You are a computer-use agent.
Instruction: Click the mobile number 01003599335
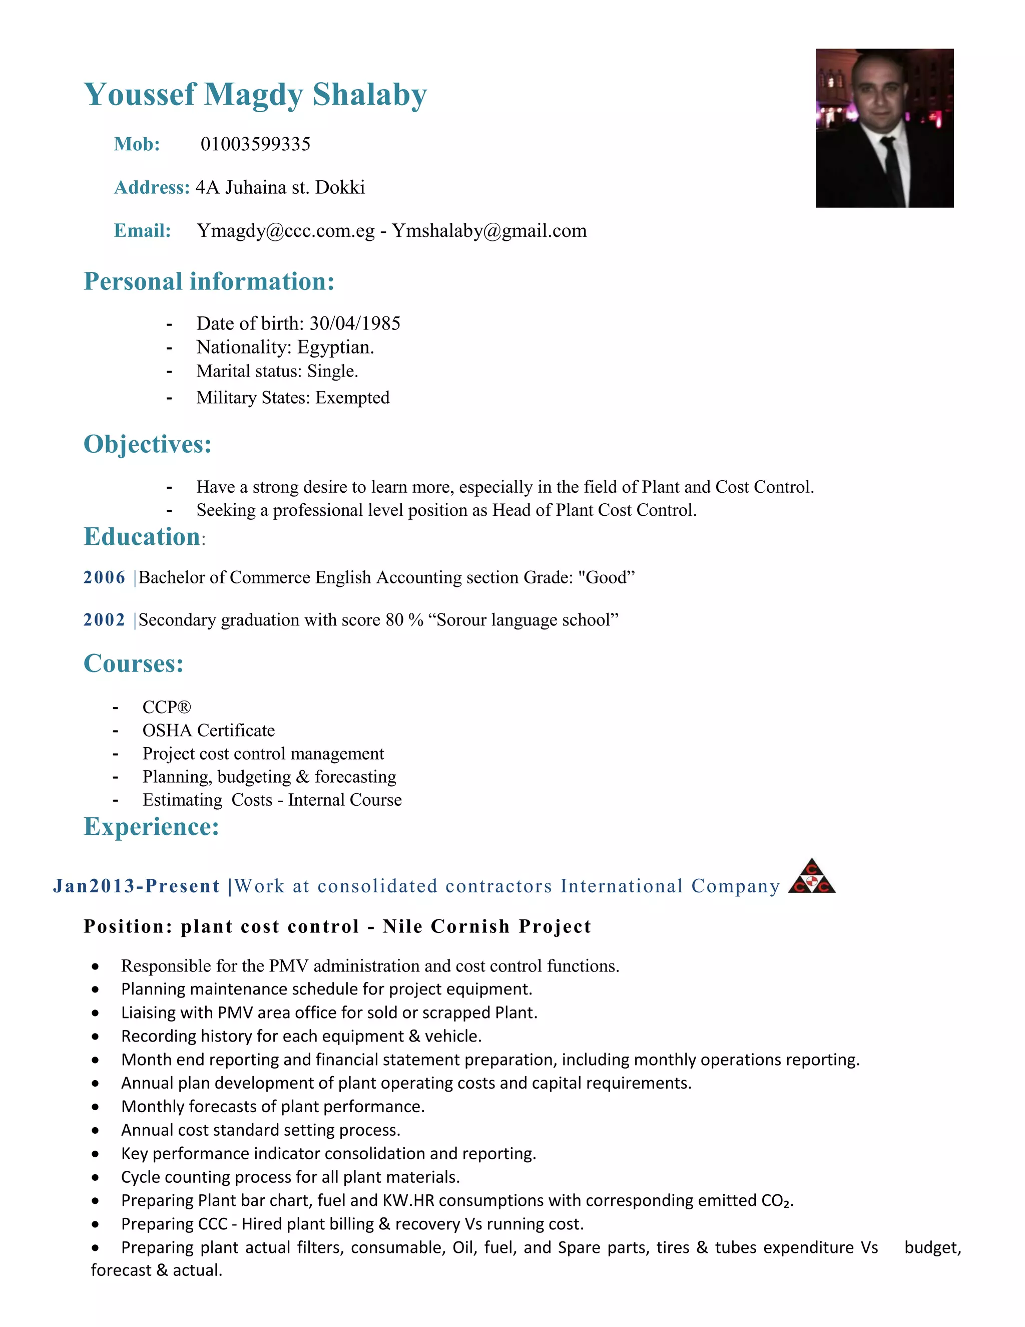[255, 144]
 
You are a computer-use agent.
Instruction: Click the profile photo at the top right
[884, 128]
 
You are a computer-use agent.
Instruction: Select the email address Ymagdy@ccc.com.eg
[285, 231]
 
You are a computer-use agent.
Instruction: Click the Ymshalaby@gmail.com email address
[489, 231]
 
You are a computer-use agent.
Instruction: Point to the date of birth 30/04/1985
[355, 323]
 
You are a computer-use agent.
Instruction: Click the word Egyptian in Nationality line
[335, 347]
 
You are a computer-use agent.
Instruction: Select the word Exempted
[352, 398]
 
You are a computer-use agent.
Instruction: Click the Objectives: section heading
[148, 444]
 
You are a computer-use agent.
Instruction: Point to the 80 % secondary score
[404, 620]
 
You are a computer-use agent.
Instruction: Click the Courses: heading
[134, 663]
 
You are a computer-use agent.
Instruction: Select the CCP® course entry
[166, 707]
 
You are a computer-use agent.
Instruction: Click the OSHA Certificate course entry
[208, 730]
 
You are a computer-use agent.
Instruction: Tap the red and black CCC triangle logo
[811, 877]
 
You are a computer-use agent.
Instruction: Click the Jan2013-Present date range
[136, 886]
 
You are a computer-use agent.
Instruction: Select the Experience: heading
[151, 826]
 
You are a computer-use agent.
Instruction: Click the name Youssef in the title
[140, 95]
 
